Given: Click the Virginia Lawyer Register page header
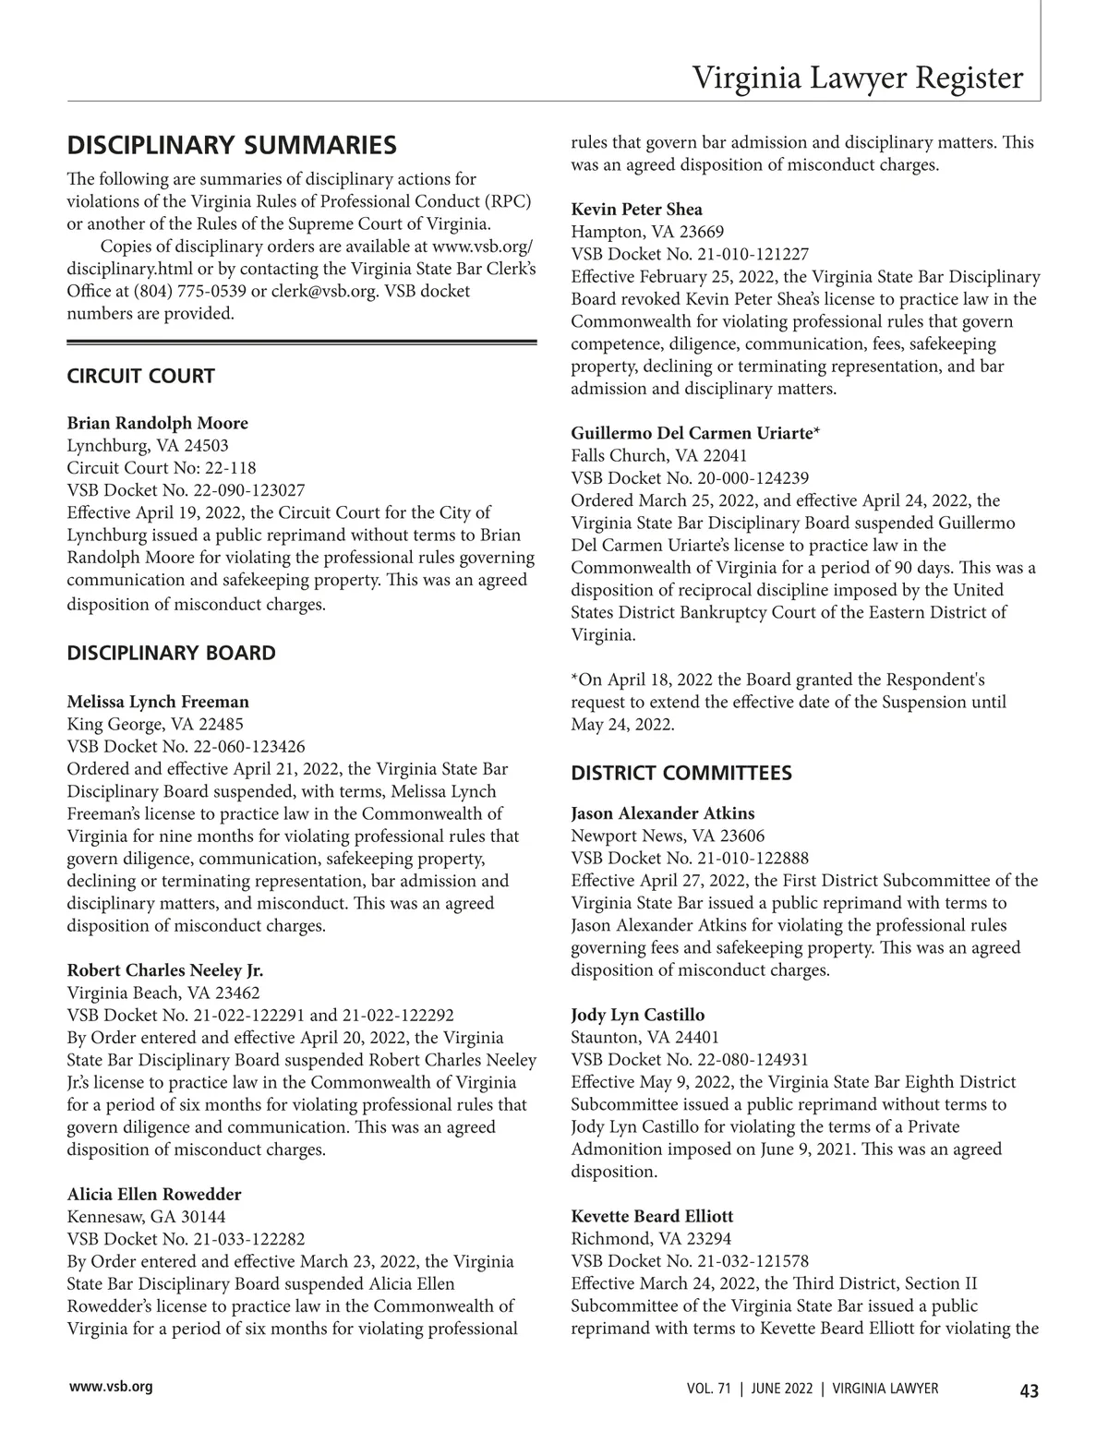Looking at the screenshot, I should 858,78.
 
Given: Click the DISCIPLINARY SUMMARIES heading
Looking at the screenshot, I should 232,146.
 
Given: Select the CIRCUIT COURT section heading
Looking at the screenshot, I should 140,376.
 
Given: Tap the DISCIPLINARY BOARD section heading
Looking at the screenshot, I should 171,653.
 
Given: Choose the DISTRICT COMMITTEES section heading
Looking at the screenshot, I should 681,773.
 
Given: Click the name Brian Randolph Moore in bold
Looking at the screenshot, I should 158,423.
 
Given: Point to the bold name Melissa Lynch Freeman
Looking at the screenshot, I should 158,702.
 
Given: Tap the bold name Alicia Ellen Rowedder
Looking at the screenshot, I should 154,1194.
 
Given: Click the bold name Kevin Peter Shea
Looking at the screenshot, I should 636,209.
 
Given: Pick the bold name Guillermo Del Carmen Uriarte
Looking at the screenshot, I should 693,432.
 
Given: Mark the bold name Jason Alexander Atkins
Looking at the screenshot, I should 662,813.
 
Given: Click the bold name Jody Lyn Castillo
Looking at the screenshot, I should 637,1016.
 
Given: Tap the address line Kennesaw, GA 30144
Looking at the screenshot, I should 146,1217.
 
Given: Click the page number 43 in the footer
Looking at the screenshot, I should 1029,1391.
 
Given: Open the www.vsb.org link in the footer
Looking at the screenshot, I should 110,1387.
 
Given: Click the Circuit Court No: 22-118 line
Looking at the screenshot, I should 162,467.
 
